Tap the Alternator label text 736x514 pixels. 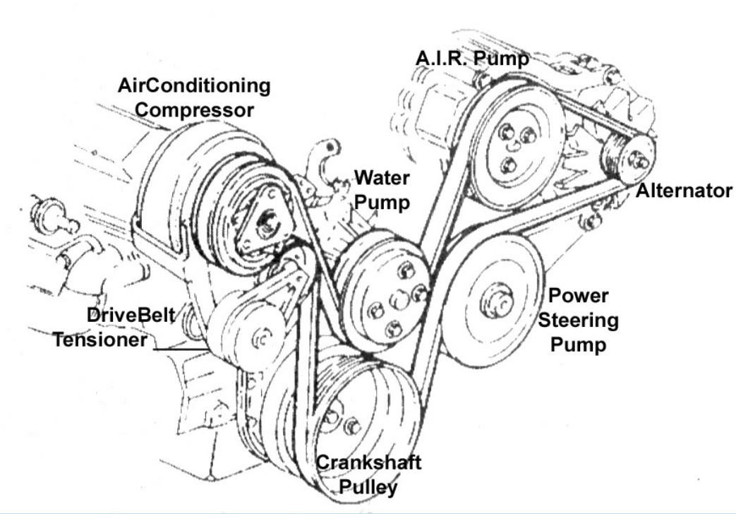683,191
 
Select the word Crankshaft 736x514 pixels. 368,462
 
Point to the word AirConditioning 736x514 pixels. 195,86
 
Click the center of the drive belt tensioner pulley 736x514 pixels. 262,337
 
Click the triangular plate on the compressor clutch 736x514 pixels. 266,221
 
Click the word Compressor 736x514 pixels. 195,110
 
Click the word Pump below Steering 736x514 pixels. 578,345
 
